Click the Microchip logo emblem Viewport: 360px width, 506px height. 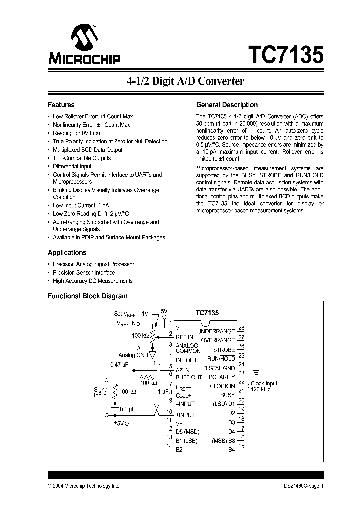[x=83, y=37]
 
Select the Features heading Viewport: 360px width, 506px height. [x=61, y=105]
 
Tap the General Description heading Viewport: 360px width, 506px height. [x=227, y=105]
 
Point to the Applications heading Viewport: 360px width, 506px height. [x=67, y=253]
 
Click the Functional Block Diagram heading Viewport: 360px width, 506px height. [x=87, y=296]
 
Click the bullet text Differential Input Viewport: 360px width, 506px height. [x=72, y=167]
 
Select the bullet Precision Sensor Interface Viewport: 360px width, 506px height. [x=84, y=273]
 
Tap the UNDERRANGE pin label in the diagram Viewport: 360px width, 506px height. [x=216, y=331]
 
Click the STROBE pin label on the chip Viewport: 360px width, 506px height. [x=224, y=350]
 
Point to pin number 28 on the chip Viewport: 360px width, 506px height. [x=242, y=328]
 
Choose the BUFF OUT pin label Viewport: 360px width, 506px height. [x=189, y=377]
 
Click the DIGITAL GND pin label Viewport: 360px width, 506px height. [x=219, y=368]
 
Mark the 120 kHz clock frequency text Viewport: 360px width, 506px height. [x=260, y=389]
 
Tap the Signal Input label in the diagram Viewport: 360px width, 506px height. [x=101, y=392]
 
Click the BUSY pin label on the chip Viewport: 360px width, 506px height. [x=227, y=395]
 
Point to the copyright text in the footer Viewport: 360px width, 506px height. [x=83, y=486]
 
